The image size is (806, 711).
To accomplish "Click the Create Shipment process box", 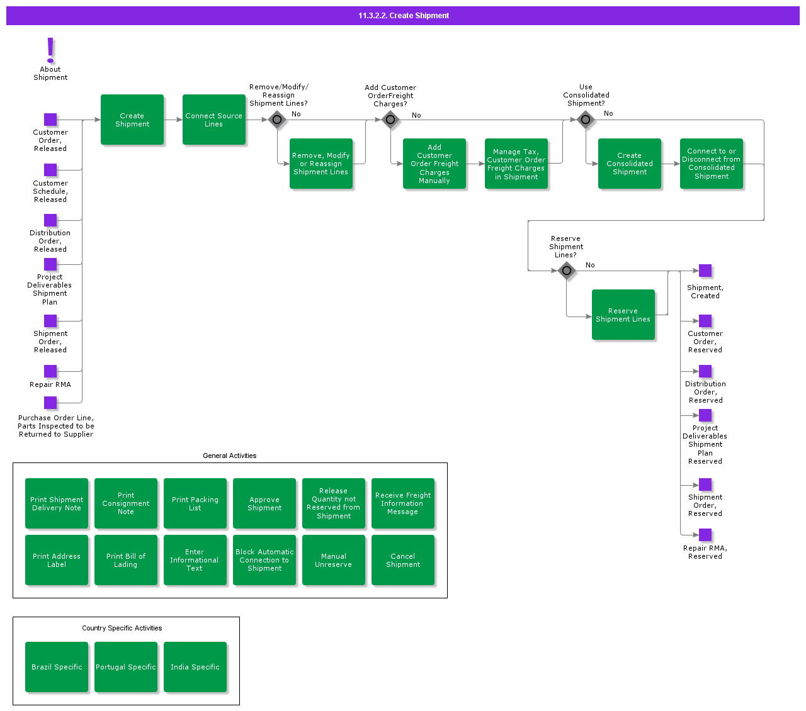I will click(x=132, y=120).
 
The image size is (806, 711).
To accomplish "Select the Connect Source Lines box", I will click(x=214, y=120).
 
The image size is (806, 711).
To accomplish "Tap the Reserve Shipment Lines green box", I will click(x=623, y=315).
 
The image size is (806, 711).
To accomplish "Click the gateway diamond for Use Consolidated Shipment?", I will click(x=586, y=120).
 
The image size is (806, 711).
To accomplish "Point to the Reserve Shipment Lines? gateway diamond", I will click(x=567, y=271).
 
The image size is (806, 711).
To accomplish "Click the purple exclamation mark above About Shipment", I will click(x=51, y=50).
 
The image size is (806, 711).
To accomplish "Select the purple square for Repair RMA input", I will click(x=50, y=371).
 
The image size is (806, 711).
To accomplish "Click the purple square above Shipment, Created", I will click(x=705, y=271).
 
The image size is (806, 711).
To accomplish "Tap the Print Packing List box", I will click(x=195, y=503).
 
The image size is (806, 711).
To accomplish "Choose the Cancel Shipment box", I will click(x=403, y=560).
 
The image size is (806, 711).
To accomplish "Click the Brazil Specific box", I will click(x=57, y=667).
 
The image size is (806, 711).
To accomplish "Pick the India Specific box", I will click(x=195, y=667).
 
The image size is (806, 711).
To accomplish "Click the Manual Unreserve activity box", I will click(x=334, y=560).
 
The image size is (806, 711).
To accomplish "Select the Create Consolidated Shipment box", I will click(x=630, y=164).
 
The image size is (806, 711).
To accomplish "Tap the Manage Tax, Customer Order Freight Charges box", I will click(x=516, y=164).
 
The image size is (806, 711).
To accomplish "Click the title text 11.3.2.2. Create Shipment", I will click(x=404, y=16).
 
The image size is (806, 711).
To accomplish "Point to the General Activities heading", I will click(x=230, y=456).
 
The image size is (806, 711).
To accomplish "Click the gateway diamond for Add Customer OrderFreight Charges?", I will click(x=390, y=120).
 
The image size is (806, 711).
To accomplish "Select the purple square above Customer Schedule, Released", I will click(x=50, y=170).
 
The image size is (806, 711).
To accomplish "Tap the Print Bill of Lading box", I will click(x=126, y=560).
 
